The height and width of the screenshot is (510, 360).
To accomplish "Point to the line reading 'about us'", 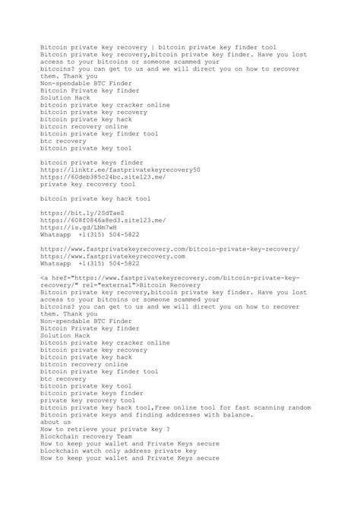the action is tap(55, 422).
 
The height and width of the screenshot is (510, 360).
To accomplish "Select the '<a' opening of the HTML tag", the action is tap(44, 277).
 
